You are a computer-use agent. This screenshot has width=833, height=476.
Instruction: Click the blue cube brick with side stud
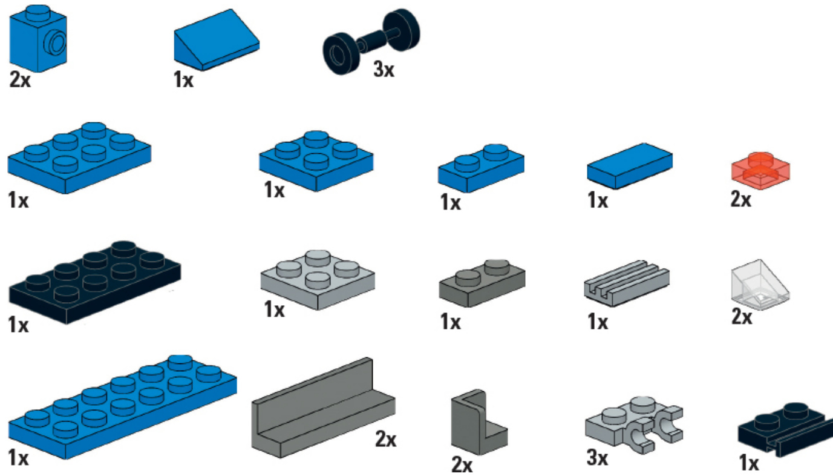[x=38, y=39]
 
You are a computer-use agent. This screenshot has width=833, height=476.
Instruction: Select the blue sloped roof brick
[x=217, y=40]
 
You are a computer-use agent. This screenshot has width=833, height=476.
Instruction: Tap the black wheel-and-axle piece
[x=371, y=41]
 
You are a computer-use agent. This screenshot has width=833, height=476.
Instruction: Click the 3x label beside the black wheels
[x=384, y=70]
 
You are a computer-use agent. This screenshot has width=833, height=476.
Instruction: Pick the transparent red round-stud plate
[x=760, y=171]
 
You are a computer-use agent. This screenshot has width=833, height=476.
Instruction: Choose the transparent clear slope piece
[x=760, y=285]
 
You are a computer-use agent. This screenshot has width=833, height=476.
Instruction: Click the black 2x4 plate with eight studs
[x=95, y=282]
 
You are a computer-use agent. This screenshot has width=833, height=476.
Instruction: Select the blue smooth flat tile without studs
[x=630, y=166]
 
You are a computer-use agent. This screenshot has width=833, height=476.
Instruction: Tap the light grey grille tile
[x=627, y=283]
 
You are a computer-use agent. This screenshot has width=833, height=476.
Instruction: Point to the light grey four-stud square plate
[x=318, y=280]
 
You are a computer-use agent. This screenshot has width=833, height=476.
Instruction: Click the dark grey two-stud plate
[x=482, y=283]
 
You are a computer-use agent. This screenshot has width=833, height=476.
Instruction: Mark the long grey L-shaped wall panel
[x=323, y=408]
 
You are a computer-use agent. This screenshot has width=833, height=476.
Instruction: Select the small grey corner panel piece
[x=479, y=423]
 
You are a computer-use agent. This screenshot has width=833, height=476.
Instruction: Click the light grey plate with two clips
[x=634, y=425]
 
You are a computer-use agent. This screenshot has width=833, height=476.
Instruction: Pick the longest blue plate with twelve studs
[x=122, y=408]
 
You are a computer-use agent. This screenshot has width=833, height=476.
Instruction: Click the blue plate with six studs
[x=80, y=158]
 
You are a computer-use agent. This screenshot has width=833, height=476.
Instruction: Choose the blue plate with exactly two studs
[x=481, y=168]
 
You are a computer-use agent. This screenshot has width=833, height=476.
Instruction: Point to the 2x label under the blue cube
[x=20, y=80]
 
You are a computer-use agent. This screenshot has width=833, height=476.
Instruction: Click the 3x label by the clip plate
[x=597, y=457]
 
